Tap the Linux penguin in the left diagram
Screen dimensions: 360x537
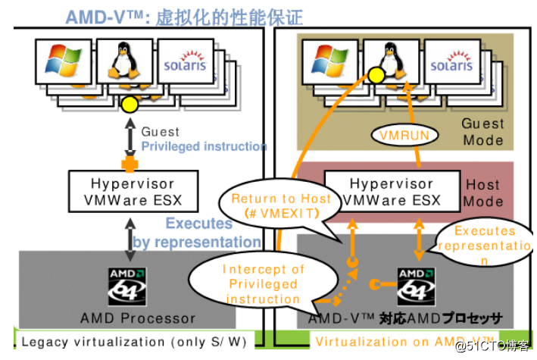[x=123, y=62]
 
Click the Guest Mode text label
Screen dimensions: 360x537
[x=482, y=131]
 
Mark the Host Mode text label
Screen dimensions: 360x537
[x=482, y=193]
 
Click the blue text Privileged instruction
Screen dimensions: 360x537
[x=204, y=146]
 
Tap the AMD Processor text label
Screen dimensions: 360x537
[x=138, y=318]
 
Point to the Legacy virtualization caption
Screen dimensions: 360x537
[x=133, y=341]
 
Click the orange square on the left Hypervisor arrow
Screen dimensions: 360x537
[x=129, y=161]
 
